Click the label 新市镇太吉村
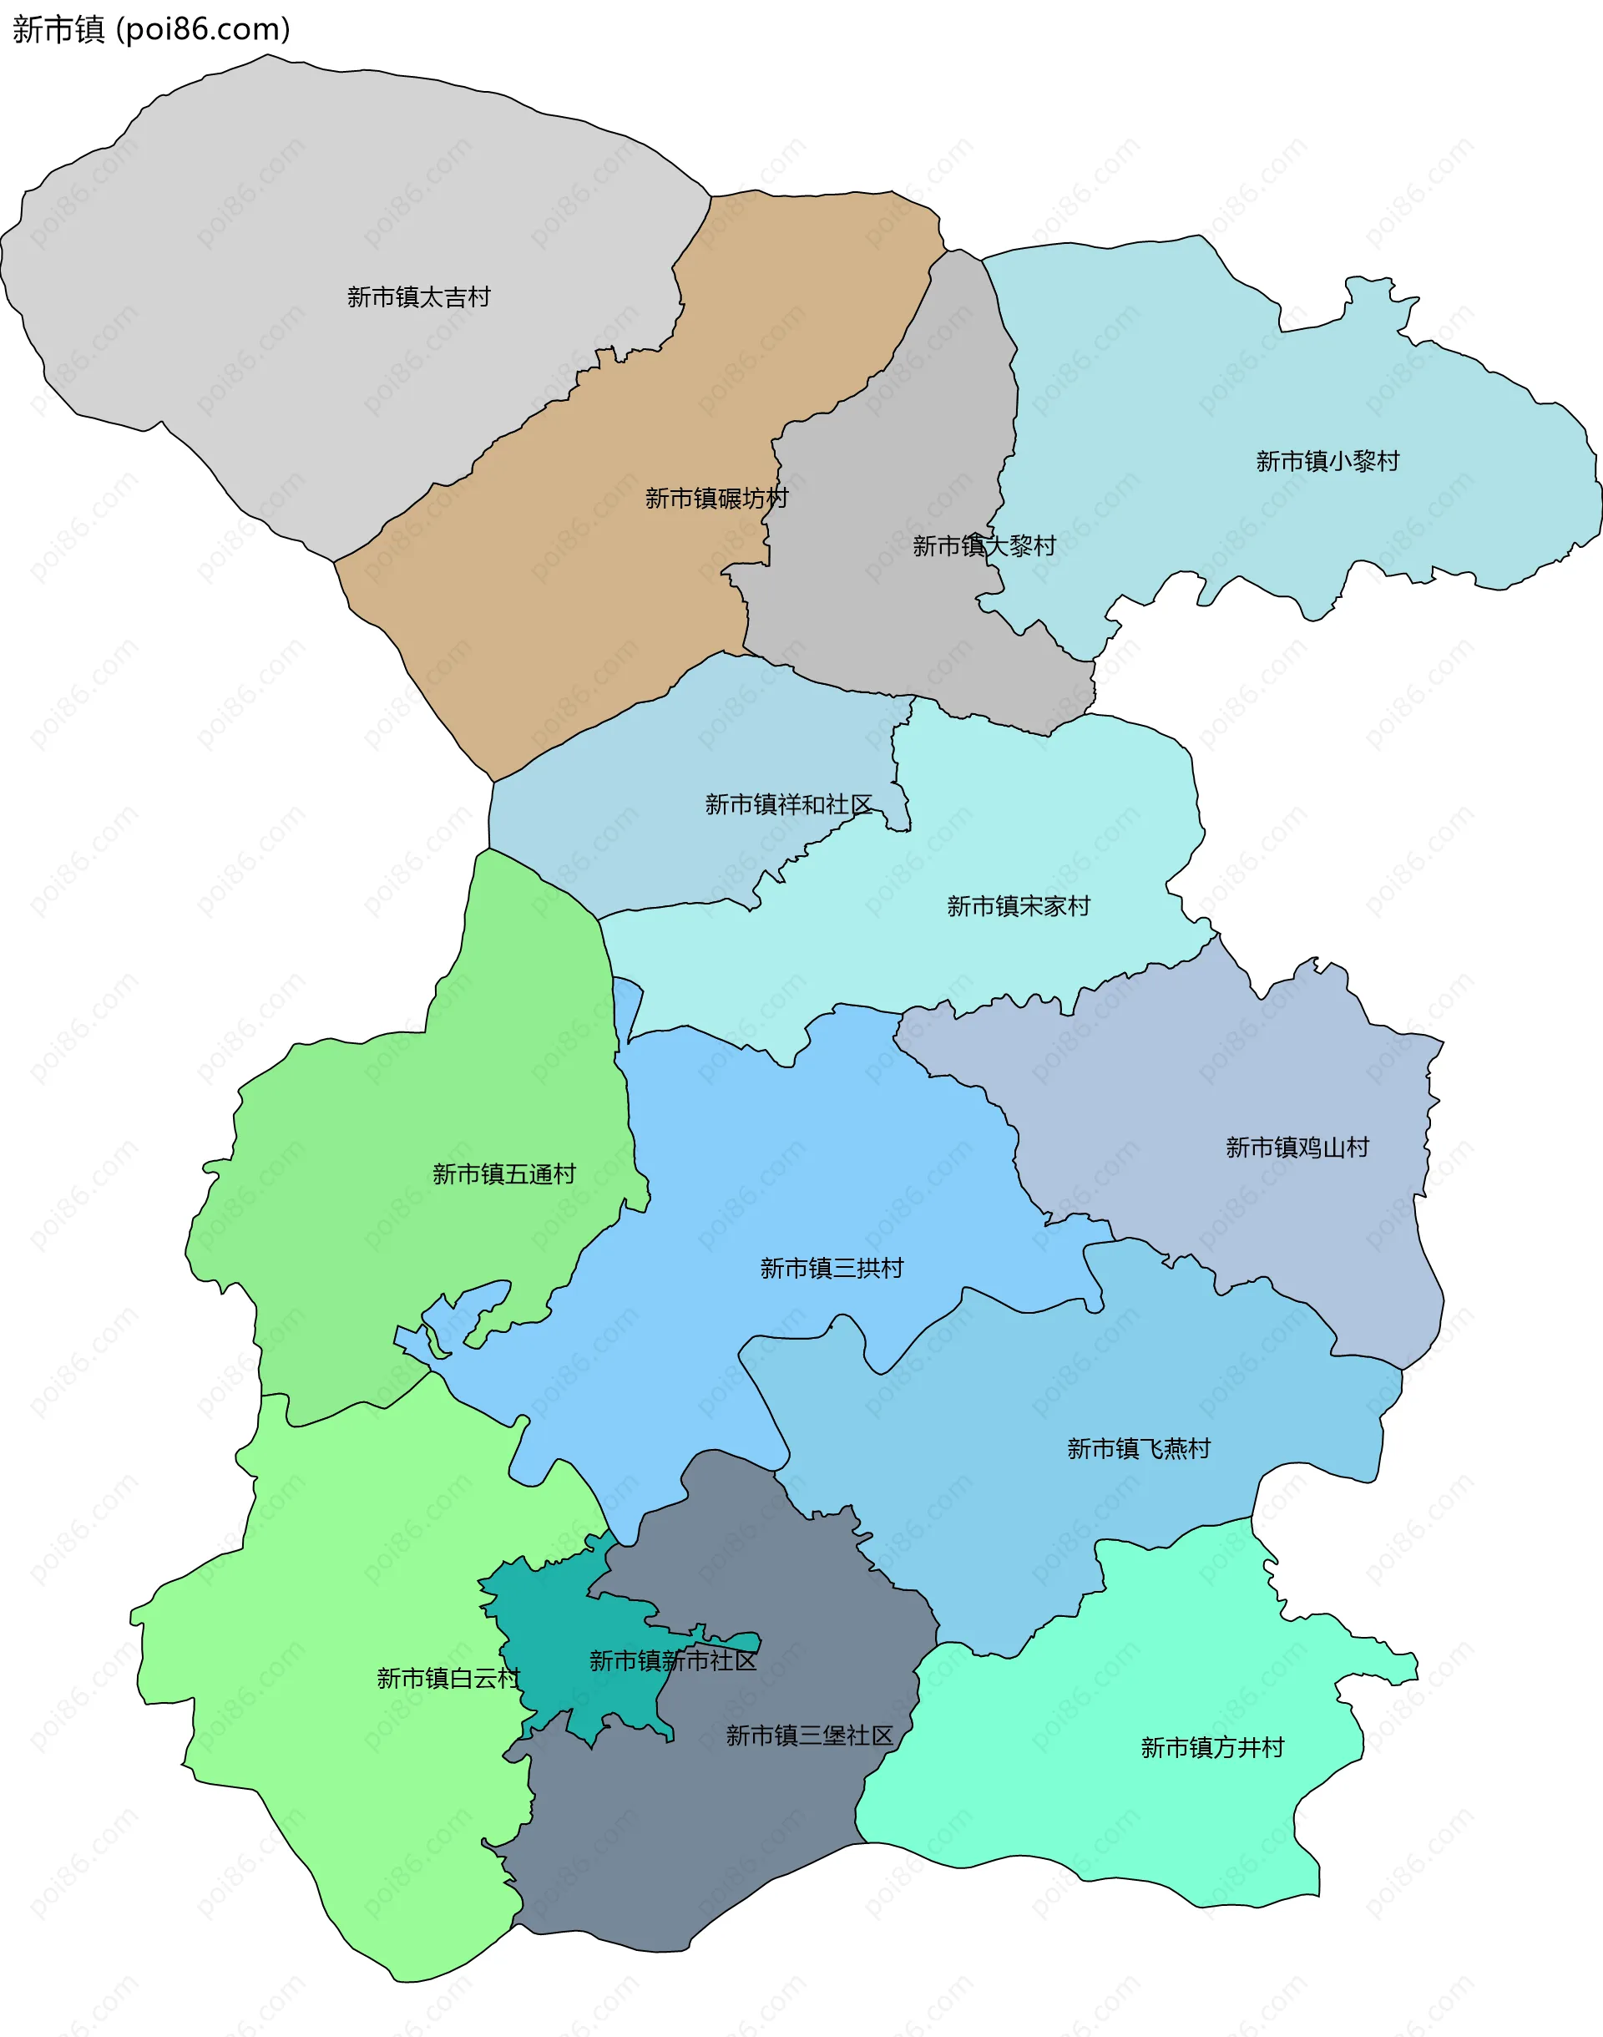pos(418,297)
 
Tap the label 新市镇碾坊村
pos(716,499)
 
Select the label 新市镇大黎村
pos(984,545)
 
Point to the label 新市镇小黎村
pos(1327,461)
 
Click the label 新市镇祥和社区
pos(788,804)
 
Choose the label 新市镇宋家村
pos(1019,906)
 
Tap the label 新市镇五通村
pos(504,1174)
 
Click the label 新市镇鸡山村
pos(1297,1147)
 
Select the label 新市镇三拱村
pos(832,1268)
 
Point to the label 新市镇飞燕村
pos(1139,1448)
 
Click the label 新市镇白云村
pos(448,1678)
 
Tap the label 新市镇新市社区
pos(673,1660)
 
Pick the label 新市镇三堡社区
pos(809,1736)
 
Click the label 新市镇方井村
pos(1211,1747)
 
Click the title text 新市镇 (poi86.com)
pos(151,29)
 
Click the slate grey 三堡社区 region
pos(675,1858)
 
